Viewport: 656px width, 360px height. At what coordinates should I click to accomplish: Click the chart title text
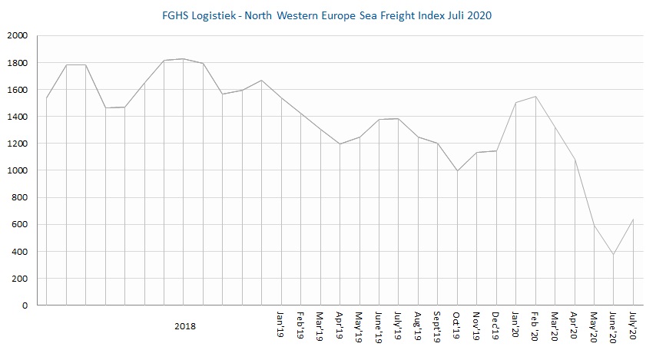coord(328,15)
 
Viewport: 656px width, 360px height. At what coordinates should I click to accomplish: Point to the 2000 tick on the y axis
coord(17,36)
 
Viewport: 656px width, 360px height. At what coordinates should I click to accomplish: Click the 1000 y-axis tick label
coord(17,170)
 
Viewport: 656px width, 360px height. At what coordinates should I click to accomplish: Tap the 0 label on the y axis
coord(25,306)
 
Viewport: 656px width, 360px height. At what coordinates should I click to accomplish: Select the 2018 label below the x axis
coord(184,326)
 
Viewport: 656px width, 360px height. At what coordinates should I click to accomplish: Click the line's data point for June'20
coord(613,255)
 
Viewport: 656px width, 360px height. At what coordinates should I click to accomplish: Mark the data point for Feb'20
coord(535,97)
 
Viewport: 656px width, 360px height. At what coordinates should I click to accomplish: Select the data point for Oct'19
coord(457,171)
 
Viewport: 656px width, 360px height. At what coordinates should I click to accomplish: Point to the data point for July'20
coord(633,220)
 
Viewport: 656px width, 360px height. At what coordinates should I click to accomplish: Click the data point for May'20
coord(594,226)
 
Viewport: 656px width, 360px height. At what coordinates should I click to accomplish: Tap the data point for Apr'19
coord(340,144)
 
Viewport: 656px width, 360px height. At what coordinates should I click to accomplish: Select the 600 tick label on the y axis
coord(19,225)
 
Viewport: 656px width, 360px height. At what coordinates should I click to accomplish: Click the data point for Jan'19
coord(281,97)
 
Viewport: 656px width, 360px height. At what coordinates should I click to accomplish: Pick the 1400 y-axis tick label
coord(17,117)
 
